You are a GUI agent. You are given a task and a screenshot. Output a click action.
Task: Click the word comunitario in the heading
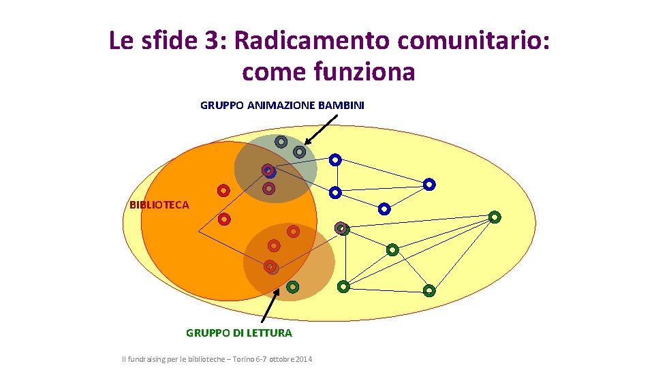(x=470, y=41)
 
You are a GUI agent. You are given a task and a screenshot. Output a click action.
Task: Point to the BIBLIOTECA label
(x=159, y=204)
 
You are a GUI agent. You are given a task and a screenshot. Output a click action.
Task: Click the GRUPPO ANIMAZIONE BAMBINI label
(x=282, y=105)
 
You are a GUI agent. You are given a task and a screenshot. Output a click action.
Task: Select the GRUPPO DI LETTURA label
(x=238, y=333)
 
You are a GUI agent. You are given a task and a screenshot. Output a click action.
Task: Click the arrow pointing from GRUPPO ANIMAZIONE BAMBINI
(x=321, y=129)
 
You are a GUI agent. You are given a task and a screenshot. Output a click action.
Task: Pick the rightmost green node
(x=495, y=217)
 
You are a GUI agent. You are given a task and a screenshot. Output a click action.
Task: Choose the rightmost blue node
(x=429, y=184)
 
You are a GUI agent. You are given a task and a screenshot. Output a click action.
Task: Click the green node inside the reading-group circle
(x=292, y=287)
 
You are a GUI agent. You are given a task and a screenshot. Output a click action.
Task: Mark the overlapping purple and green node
(x=342, y=228)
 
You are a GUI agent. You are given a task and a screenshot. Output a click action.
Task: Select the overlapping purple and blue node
(x=269, y=170)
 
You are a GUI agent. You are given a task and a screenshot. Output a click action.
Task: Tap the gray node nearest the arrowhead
(x=299, y=152)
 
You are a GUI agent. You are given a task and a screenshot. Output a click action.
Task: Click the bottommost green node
(x=429, y=291)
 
